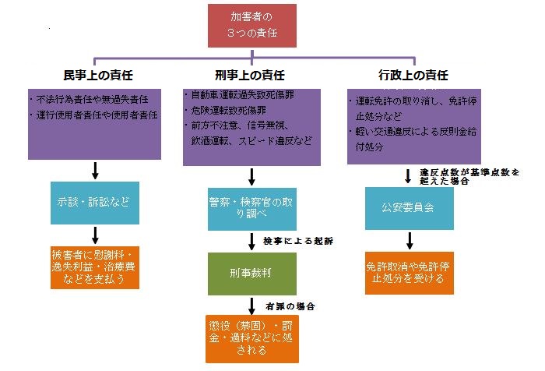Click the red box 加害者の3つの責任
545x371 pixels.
[x=252, y=25]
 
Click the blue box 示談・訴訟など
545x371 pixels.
[x=95, y=200]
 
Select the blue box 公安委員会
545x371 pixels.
[x=410, y=207]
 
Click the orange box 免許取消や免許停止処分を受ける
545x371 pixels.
[x=410, y=271]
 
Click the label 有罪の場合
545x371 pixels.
[x=291, y=306]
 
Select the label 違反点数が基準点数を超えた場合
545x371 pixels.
[x=469, y=175]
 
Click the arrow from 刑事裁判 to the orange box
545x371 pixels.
[x=252, y=306]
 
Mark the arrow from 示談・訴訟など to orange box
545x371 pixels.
[x=95, y=234]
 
